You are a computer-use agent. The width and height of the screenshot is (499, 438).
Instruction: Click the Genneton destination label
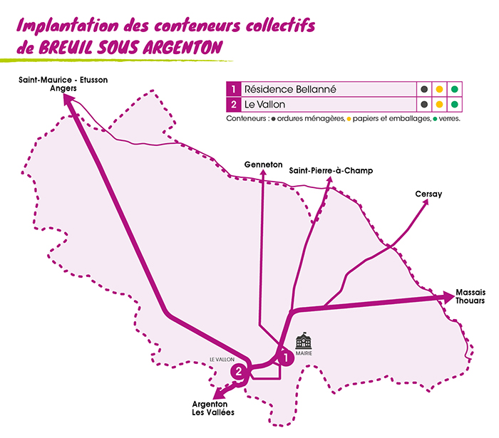[263, 163]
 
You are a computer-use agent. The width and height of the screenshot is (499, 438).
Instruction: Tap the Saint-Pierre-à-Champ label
[330, 171]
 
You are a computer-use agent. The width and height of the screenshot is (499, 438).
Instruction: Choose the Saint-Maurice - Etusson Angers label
[63, 85]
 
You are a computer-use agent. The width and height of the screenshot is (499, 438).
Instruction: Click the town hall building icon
[303, 337]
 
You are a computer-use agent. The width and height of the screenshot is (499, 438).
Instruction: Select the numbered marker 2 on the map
[240, 371]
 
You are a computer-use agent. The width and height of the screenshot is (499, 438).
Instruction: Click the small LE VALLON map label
[221, 359]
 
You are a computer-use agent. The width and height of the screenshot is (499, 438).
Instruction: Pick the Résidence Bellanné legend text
[289, 90]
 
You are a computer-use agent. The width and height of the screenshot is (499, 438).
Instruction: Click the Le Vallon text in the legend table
[265, 105]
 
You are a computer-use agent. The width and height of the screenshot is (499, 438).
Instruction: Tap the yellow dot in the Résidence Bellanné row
[440, 90]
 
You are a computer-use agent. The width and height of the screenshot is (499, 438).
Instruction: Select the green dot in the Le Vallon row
[456, 105]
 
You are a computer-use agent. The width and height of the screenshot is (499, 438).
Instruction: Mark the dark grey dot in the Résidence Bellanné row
[424, 90]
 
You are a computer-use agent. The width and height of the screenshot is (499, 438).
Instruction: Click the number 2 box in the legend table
[232, 105]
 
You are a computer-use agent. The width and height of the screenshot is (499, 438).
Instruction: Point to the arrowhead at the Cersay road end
[426, 202]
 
